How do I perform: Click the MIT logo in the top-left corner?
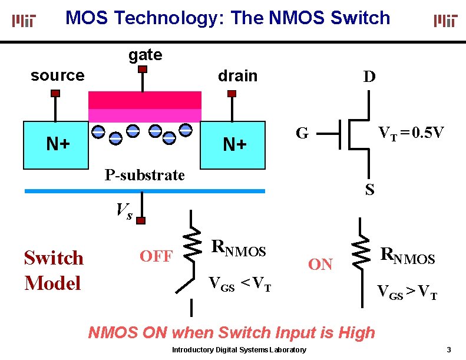[24, 21]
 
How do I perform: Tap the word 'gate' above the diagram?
[145, 55]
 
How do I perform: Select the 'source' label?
[57, 75]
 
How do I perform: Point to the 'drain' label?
[237, 76]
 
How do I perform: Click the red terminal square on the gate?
[142, 70]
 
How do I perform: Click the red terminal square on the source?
[55, 93]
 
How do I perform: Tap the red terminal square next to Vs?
[141, 220]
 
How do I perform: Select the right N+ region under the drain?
[234, 144]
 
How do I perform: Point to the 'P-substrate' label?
[144, 175]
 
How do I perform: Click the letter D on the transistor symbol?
[369, 77]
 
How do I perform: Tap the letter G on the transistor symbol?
[302, 134]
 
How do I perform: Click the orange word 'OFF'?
[156, 256]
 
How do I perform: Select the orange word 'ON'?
[320, 265]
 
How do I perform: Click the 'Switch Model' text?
[54, 270]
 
